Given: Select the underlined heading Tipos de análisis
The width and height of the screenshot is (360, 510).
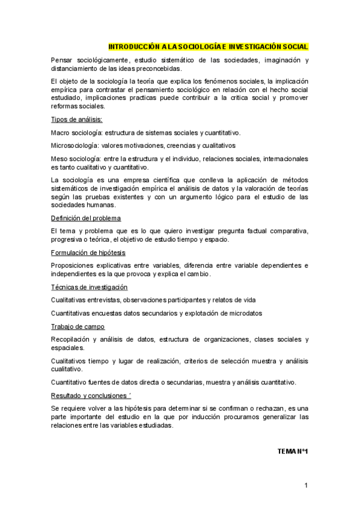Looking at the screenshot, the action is pos(76,120).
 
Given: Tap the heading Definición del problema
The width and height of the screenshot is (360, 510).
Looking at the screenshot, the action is pos(86,218).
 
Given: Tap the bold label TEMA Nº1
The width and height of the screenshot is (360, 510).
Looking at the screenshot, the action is pos(293,450).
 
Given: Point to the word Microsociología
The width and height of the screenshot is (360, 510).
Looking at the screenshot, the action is pos(75,146).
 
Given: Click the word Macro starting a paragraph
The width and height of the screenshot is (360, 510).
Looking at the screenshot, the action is pos(61,133).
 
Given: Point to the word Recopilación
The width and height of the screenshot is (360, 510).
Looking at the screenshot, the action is pos(73,339).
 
